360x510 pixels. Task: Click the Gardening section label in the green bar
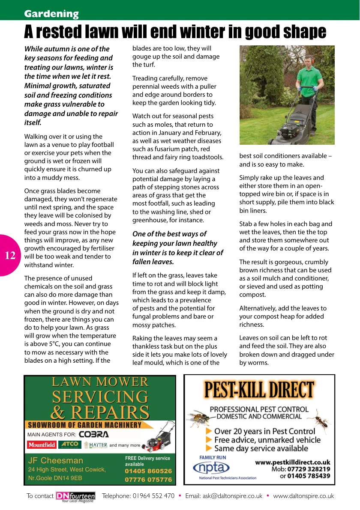point(51,14)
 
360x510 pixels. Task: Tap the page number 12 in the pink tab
point(10,256)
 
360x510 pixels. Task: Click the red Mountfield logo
point(42,445)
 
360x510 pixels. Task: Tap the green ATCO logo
point(69,444)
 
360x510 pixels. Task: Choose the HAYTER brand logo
point(95,445)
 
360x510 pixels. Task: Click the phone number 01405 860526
point(148,471)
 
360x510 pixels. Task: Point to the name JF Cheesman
point(56,461)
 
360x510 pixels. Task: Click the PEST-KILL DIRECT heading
point(259,390)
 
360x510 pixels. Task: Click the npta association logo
point(214,467)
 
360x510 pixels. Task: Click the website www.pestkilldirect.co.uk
point(293,462)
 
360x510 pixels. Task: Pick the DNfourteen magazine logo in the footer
point(75,496)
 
